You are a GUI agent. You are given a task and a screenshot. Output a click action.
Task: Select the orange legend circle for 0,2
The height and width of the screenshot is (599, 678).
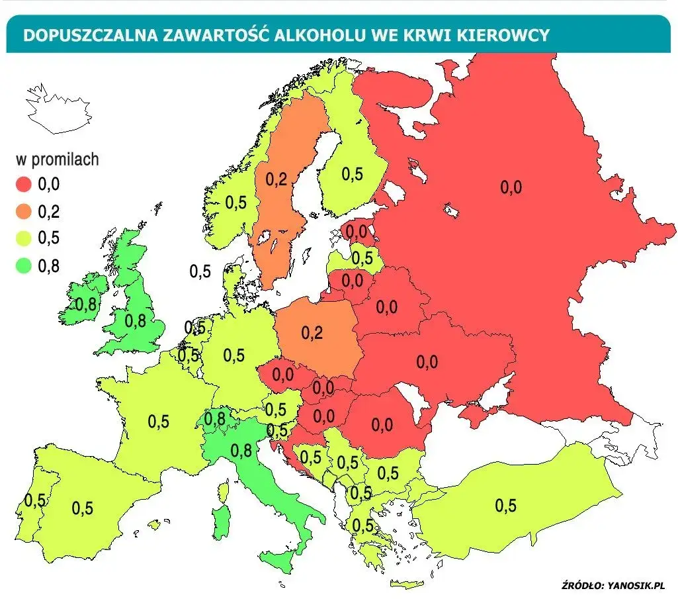25,212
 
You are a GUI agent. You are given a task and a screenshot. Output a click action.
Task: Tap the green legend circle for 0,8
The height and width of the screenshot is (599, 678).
25,266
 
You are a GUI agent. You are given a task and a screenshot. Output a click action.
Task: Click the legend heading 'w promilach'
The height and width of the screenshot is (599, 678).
57,159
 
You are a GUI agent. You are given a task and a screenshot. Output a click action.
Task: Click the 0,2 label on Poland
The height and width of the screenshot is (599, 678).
312,333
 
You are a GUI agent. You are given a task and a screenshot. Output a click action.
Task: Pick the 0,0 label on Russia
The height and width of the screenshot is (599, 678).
511,187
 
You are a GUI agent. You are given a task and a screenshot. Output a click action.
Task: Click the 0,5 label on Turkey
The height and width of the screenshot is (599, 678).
505,506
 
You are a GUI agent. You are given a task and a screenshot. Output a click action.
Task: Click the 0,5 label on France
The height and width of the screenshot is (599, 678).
159,422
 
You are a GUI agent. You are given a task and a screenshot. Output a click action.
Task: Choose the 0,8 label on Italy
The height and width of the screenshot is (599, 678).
241,450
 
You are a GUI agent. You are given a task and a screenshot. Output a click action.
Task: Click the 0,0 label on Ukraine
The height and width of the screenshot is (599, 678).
427,361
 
